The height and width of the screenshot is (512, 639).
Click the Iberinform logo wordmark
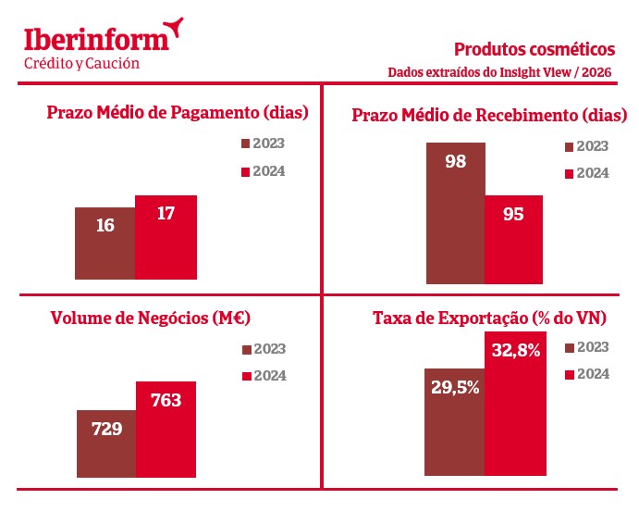pyautogui.click(x=97, y=38)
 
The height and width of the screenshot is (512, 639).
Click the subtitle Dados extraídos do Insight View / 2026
pyautogui.click(x=500, y=72)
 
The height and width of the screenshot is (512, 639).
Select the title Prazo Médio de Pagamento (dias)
pyautogui.click(x=177, y=113)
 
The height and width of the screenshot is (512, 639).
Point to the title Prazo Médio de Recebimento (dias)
pyautogui.click(x=490, y=115)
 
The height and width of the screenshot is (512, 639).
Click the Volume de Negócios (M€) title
pyautogui.click(x=151, y=318)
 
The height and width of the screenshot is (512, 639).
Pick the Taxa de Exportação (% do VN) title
pyautogui.click(x=489, y=318)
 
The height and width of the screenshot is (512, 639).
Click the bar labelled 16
pyautogui.click(x=105, y=244)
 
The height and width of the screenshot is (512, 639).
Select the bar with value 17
pyautogui.click(x=166, y=237)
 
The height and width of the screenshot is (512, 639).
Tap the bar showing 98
pyautogui.click(x=455, y=213)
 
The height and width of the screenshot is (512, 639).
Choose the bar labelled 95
pyautogui.click(x=513, y=239)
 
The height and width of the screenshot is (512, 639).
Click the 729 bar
pyautogui.click(x=106, y=443)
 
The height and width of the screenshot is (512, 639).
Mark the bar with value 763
pyautogui.click(x=166, y=429)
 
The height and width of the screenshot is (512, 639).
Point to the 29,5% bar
pyautogui.click(x=455, y=422)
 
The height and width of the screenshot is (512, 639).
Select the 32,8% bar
pyautogui.click(x=514, y=404)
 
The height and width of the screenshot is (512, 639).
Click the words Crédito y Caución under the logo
pyautogui.click(x=81, y=63)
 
